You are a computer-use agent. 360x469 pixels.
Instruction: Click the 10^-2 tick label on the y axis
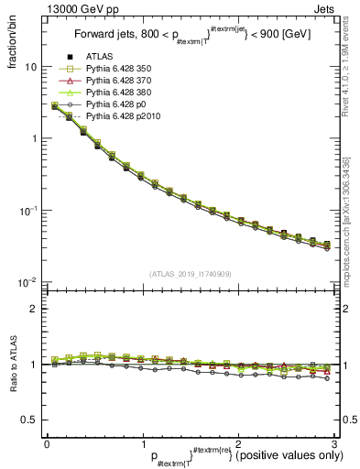pos(27,281)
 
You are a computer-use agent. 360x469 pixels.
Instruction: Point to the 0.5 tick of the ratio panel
pos(28,420)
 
